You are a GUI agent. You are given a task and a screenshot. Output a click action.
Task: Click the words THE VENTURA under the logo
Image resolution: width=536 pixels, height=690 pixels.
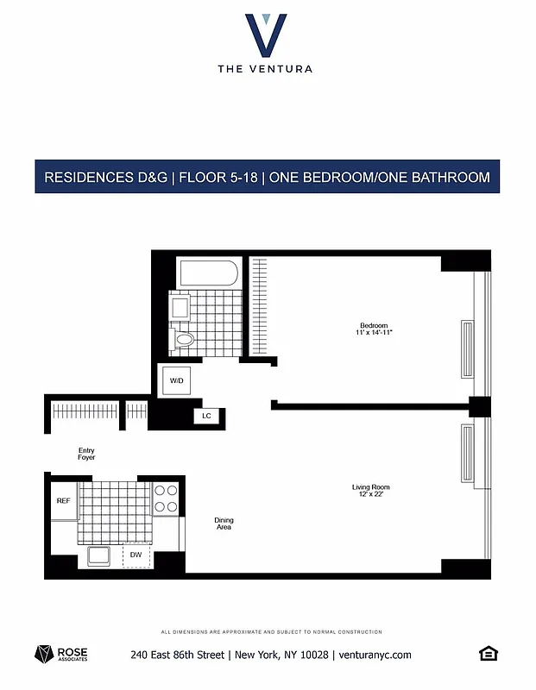coord(266,69)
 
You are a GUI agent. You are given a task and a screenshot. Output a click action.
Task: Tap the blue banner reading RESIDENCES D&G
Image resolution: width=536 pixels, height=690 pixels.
coord(267,178)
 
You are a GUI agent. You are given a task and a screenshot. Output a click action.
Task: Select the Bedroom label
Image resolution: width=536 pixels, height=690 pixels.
coord(374,325)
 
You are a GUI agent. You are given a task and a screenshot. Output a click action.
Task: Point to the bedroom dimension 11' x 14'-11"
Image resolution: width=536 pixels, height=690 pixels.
coord(374,333)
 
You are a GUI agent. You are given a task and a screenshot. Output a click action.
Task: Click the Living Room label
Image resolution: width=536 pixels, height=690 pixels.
coord(369,487)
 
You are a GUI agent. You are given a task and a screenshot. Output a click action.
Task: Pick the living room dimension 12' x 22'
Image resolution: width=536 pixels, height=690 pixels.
coord(369,495)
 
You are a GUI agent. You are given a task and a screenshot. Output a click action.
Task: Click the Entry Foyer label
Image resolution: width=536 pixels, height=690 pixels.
coord(86,454)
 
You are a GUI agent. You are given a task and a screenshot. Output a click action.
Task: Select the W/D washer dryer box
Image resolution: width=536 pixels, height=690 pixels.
coord(175,379)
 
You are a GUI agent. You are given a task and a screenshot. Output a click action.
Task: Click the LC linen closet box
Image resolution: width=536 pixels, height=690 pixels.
coord(207,416)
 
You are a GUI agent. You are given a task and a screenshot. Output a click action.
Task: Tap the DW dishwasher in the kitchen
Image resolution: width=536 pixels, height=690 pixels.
coord(136,555)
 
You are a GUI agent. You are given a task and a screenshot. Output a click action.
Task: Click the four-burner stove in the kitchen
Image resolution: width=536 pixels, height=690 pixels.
coord(166,499)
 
